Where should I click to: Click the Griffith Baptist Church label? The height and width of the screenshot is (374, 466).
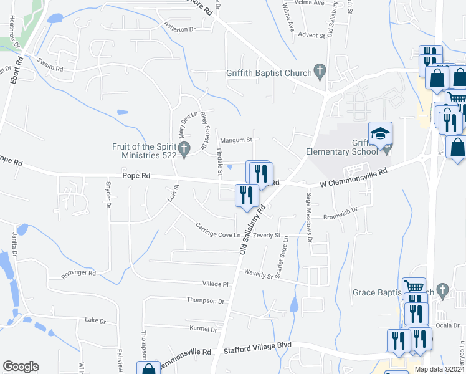click(269, 74)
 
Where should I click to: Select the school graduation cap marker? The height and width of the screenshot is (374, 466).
click(381, 133)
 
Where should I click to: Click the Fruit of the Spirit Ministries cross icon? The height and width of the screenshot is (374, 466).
click(184, 150)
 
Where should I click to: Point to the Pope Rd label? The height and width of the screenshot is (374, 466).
click(137, 176)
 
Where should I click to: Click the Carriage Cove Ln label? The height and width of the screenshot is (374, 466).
click(218, 230)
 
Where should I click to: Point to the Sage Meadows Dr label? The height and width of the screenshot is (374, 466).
click(309, 213)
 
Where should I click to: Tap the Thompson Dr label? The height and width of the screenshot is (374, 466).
click(205, 300)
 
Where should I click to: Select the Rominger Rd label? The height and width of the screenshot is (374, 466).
click(78, 273)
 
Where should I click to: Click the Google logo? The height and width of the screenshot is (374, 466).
click(21, 367)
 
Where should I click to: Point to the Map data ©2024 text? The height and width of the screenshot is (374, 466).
click(438, 369)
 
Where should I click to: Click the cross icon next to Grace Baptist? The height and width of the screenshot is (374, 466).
click(443, 290)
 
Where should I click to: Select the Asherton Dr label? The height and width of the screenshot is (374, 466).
click(180, 29)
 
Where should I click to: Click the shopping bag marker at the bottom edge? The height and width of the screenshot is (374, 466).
click(149, 369)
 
